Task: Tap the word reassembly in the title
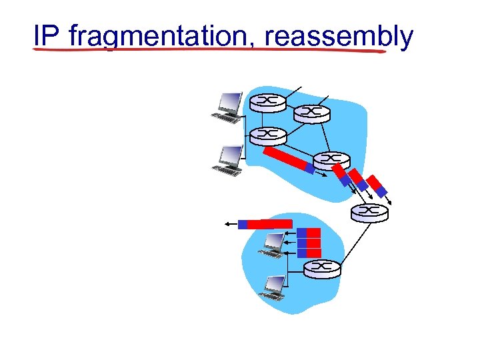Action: [339, 37]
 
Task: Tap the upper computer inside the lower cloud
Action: [273, 244]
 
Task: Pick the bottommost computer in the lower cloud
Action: [273, 287]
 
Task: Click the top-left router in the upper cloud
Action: [267, 102]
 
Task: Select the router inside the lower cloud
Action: [322, 268]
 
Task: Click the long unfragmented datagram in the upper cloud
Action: [288, 160]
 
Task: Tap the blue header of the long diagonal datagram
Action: [309, 169]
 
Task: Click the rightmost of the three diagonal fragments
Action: [378, 186]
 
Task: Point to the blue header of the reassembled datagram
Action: [243, 225]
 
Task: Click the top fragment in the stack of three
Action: [309, 233]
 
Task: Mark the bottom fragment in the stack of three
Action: [309, 253]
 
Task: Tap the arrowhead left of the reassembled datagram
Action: [229, 225]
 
